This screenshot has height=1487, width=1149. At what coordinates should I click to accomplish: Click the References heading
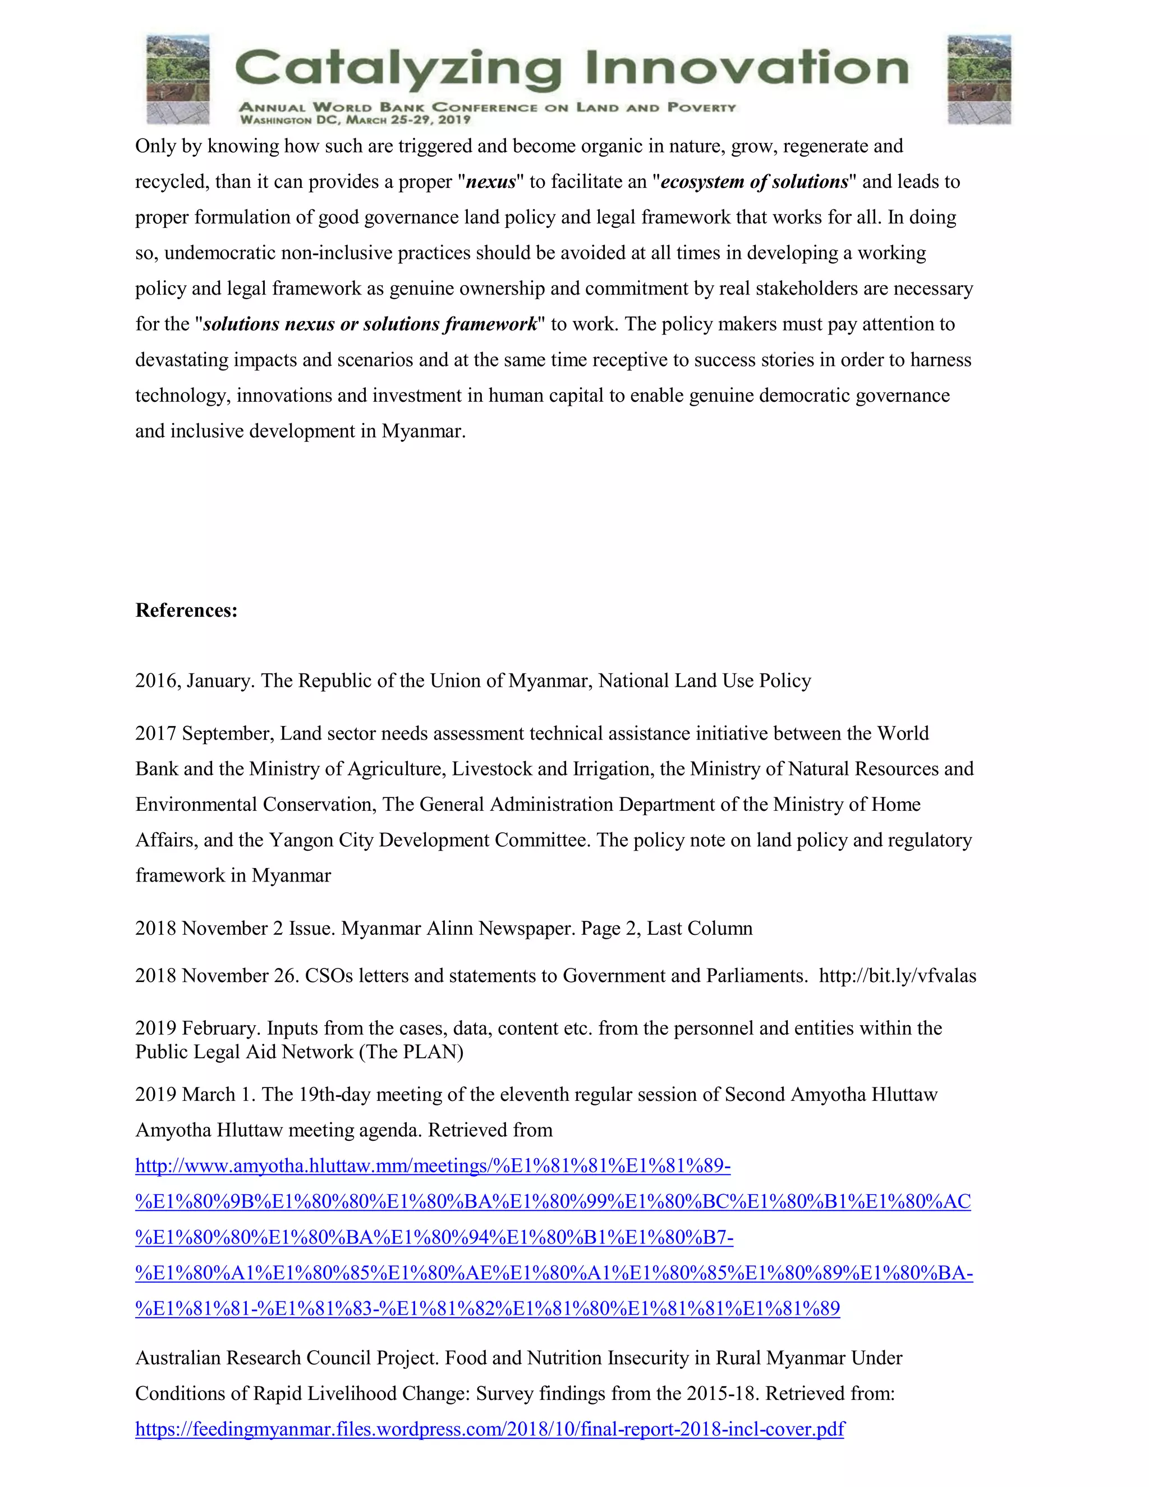pos(186,610)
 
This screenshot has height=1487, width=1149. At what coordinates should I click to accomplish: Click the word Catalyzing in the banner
pos(398,70)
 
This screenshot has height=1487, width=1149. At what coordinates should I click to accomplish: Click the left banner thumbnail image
pos(178,79)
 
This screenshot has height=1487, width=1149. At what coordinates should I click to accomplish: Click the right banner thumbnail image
pos(979,79)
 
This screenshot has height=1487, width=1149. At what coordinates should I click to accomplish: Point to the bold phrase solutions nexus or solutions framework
pos(370,324)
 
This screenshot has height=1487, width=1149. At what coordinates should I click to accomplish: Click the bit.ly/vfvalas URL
pos(897,976)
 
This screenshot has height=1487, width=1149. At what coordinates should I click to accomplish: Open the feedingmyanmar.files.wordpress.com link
pos(489,1429)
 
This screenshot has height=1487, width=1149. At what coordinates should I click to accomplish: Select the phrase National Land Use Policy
pos(705,681)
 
